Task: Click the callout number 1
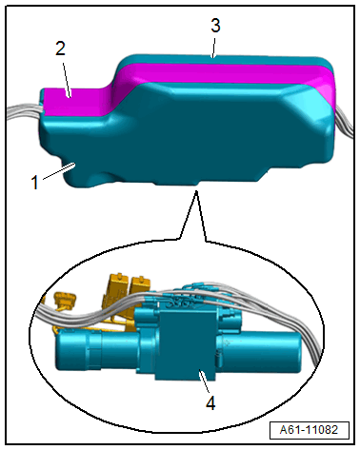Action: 35,183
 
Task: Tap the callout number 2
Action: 60,49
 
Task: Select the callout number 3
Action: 215,26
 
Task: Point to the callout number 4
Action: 210,403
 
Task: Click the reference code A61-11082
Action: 309,430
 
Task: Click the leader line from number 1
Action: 59,171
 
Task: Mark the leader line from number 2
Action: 66,79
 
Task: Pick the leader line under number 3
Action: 214,48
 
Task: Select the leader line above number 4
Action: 204,382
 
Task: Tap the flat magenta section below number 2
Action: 74,102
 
